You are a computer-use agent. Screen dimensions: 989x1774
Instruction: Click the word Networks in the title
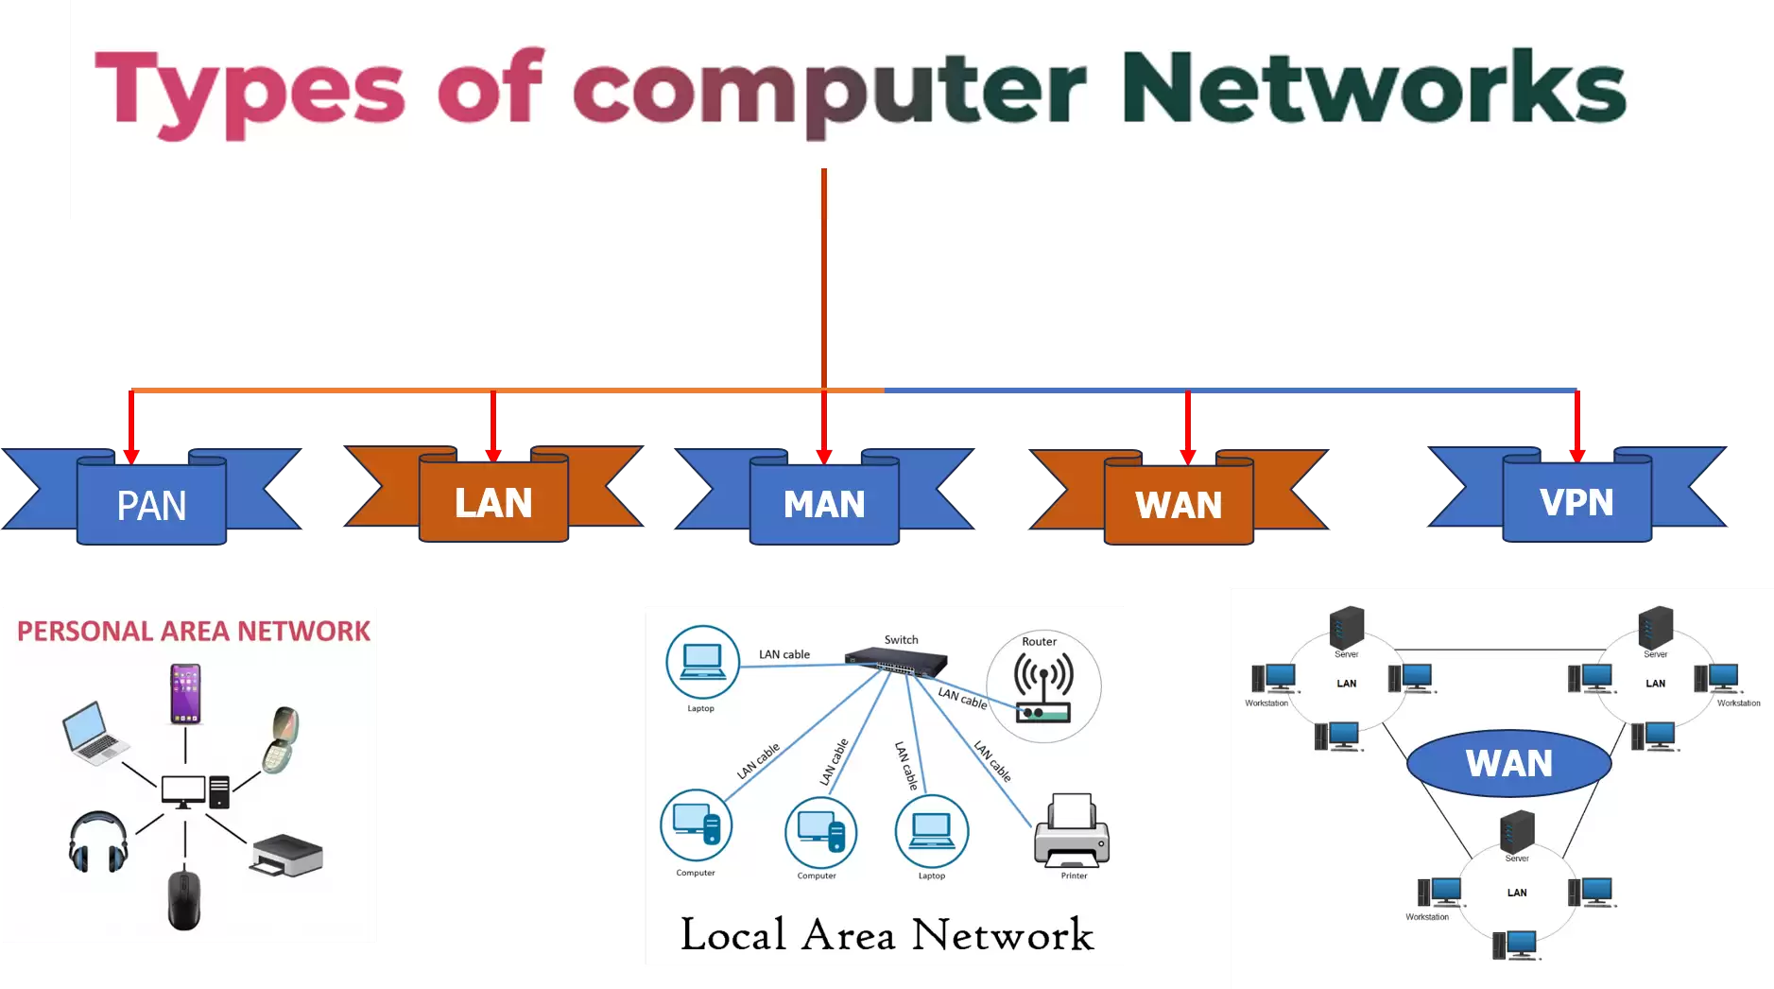(x=1372, y=87)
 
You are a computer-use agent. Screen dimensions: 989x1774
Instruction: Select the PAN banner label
(x=151, y=505)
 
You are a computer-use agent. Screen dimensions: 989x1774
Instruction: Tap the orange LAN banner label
(x=493, y=502)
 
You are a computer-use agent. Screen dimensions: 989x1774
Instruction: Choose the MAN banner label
(x=824, y=504)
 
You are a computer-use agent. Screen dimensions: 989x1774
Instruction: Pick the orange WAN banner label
(x=1179, y=505)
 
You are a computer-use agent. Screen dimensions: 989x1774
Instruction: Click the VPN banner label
(x=1576, y=502)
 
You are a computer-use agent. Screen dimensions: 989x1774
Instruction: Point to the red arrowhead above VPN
(x=1576, y=455)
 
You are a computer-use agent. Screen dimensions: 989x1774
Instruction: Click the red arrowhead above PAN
(x=131, y=456)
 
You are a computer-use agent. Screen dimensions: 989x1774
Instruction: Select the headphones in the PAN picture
(x=97, y=842)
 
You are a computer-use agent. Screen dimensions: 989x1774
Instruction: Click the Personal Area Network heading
(x=194, y=631)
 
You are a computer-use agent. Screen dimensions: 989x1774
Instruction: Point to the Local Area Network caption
(x=887, y=934)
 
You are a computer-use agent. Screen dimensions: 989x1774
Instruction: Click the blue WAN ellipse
(x=1508, y=763)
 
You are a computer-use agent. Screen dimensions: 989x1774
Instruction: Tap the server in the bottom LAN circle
(x=1516, y=831)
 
